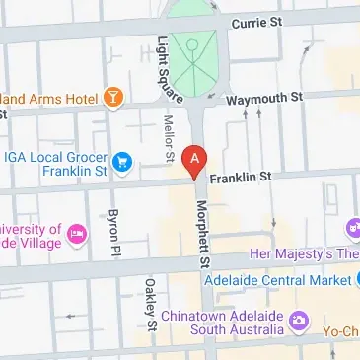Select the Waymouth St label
coord(263,100)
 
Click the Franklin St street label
coord(240,178)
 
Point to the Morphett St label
coord(203,232)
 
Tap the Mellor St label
coord(168,135)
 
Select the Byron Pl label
coord(114,226)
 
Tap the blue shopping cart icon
coord(122,161)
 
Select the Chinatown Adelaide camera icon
coord(301,321)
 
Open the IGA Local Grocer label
coord(54,161)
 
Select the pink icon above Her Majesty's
coord(352,229)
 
